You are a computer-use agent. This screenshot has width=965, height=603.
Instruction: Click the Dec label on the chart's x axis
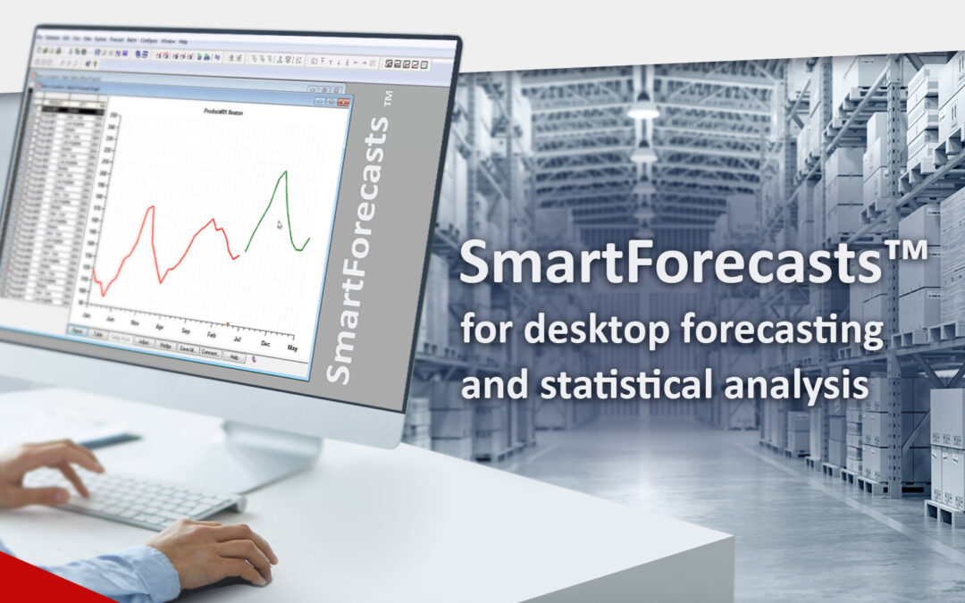point(265,342)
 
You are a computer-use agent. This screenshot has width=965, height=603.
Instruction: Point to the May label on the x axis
point(292,347)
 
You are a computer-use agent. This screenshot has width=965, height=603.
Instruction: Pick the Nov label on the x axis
point(135,323)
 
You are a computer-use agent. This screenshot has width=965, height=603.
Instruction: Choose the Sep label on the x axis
point(185,331)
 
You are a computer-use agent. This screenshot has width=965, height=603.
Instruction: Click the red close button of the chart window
point(343,103)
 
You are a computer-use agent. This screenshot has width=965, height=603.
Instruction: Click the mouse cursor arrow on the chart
point(280,224)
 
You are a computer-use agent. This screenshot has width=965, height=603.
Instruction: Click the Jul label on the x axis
point(237,339)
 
